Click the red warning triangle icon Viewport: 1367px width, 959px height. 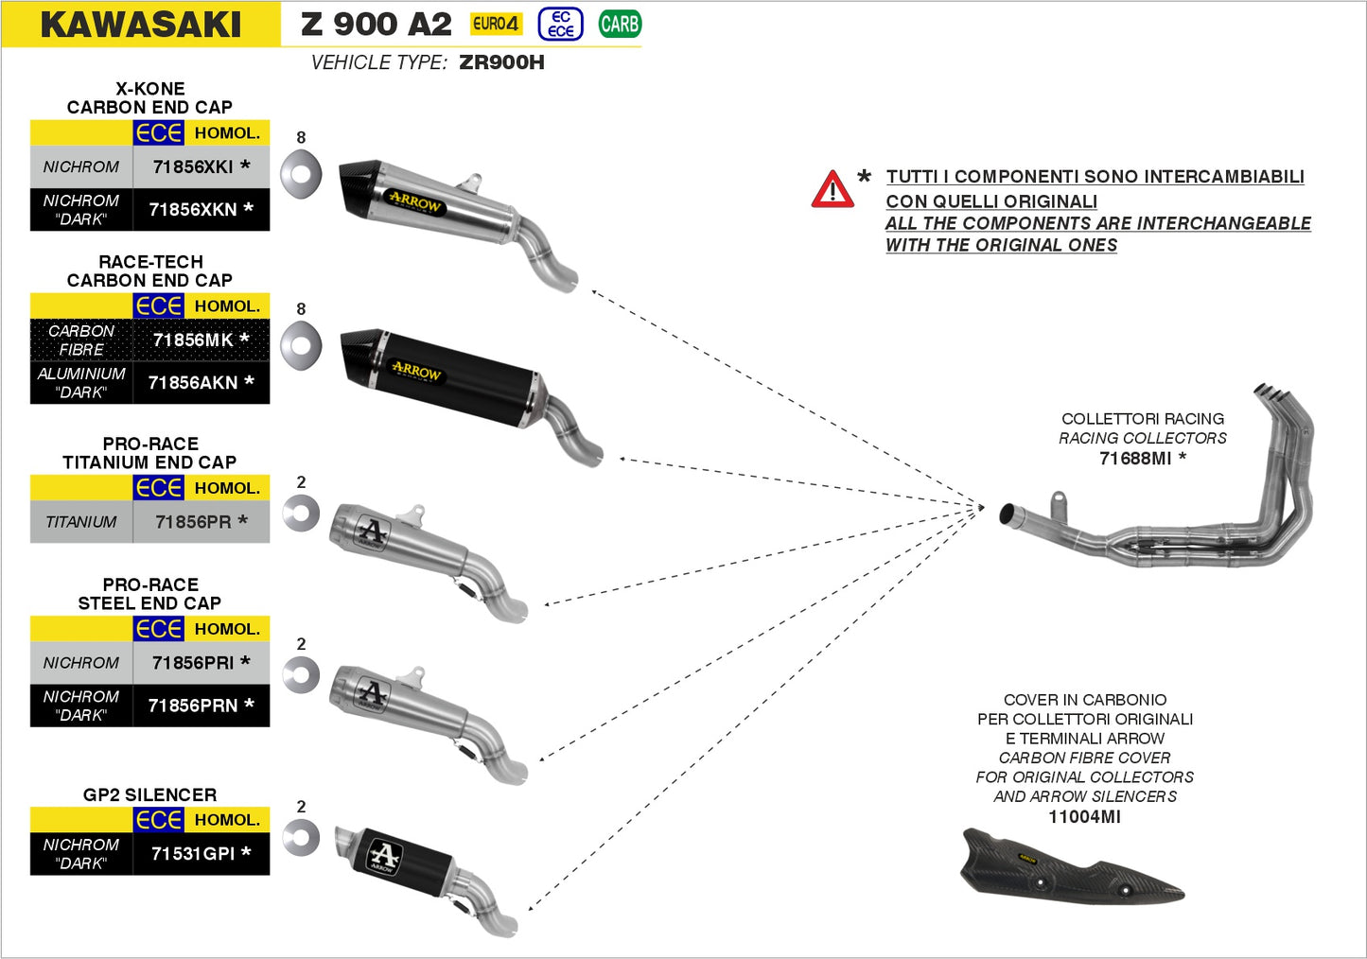pyautogui.click(x=832, y=189)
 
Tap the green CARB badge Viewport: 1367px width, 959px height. pyautogui.click(x=620, y=24)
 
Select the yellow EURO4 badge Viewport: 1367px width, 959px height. pyautogui.click(x=496, y=24)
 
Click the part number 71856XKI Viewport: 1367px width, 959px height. pyautogui.click(x=193, y=166)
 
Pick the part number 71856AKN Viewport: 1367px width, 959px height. pyautogui.click(x=193, y=382)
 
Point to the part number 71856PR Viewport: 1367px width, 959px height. pyautogui.click(x=193, y=521)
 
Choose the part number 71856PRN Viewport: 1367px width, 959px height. pyautogui.click(x=193, y=706)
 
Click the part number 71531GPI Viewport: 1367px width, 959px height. pyautogui.click(x=193, y=853)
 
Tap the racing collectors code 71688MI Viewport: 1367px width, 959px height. pyautogui.click(x=1135, y=459)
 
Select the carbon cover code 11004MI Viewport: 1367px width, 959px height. pyautogui.click(x=1084, y=817)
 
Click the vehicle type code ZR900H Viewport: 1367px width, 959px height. pyautogui.click(x=501, y=62)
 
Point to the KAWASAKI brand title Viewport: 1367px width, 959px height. pyautogui.click(x=141, y=25)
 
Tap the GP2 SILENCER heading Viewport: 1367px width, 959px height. pyautogui.click(x=149, y=794)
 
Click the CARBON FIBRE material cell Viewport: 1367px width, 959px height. pyautogui.click(x=81, y=340)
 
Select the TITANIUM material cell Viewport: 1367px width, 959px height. pyautogui.click(x=81, y=521)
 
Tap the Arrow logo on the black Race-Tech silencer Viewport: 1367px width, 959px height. pyautogui.click(x=416, y=372)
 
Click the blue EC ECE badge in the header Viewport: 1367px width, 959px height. pyautogui.click(x=561, y=24)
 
